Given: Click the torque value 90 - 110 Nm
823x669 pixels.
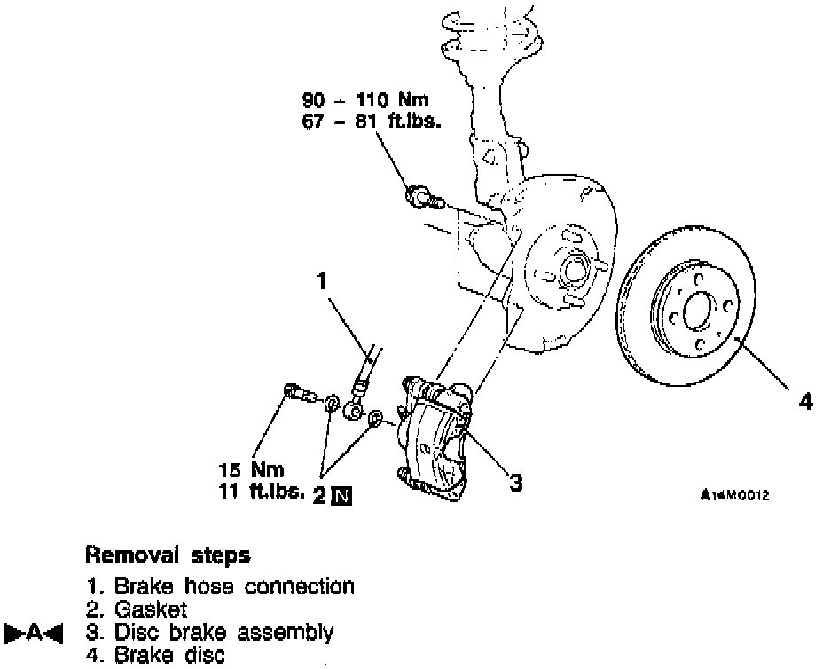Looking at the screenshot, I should [365, 101].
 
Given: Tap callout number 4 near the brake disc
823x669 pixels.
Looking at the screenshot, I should [805, 401].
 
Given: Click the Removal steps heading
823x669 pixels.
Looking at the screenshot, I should [168, 556].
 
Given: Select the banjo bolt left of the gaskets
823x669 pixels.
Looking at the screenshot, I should [297, 393].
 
